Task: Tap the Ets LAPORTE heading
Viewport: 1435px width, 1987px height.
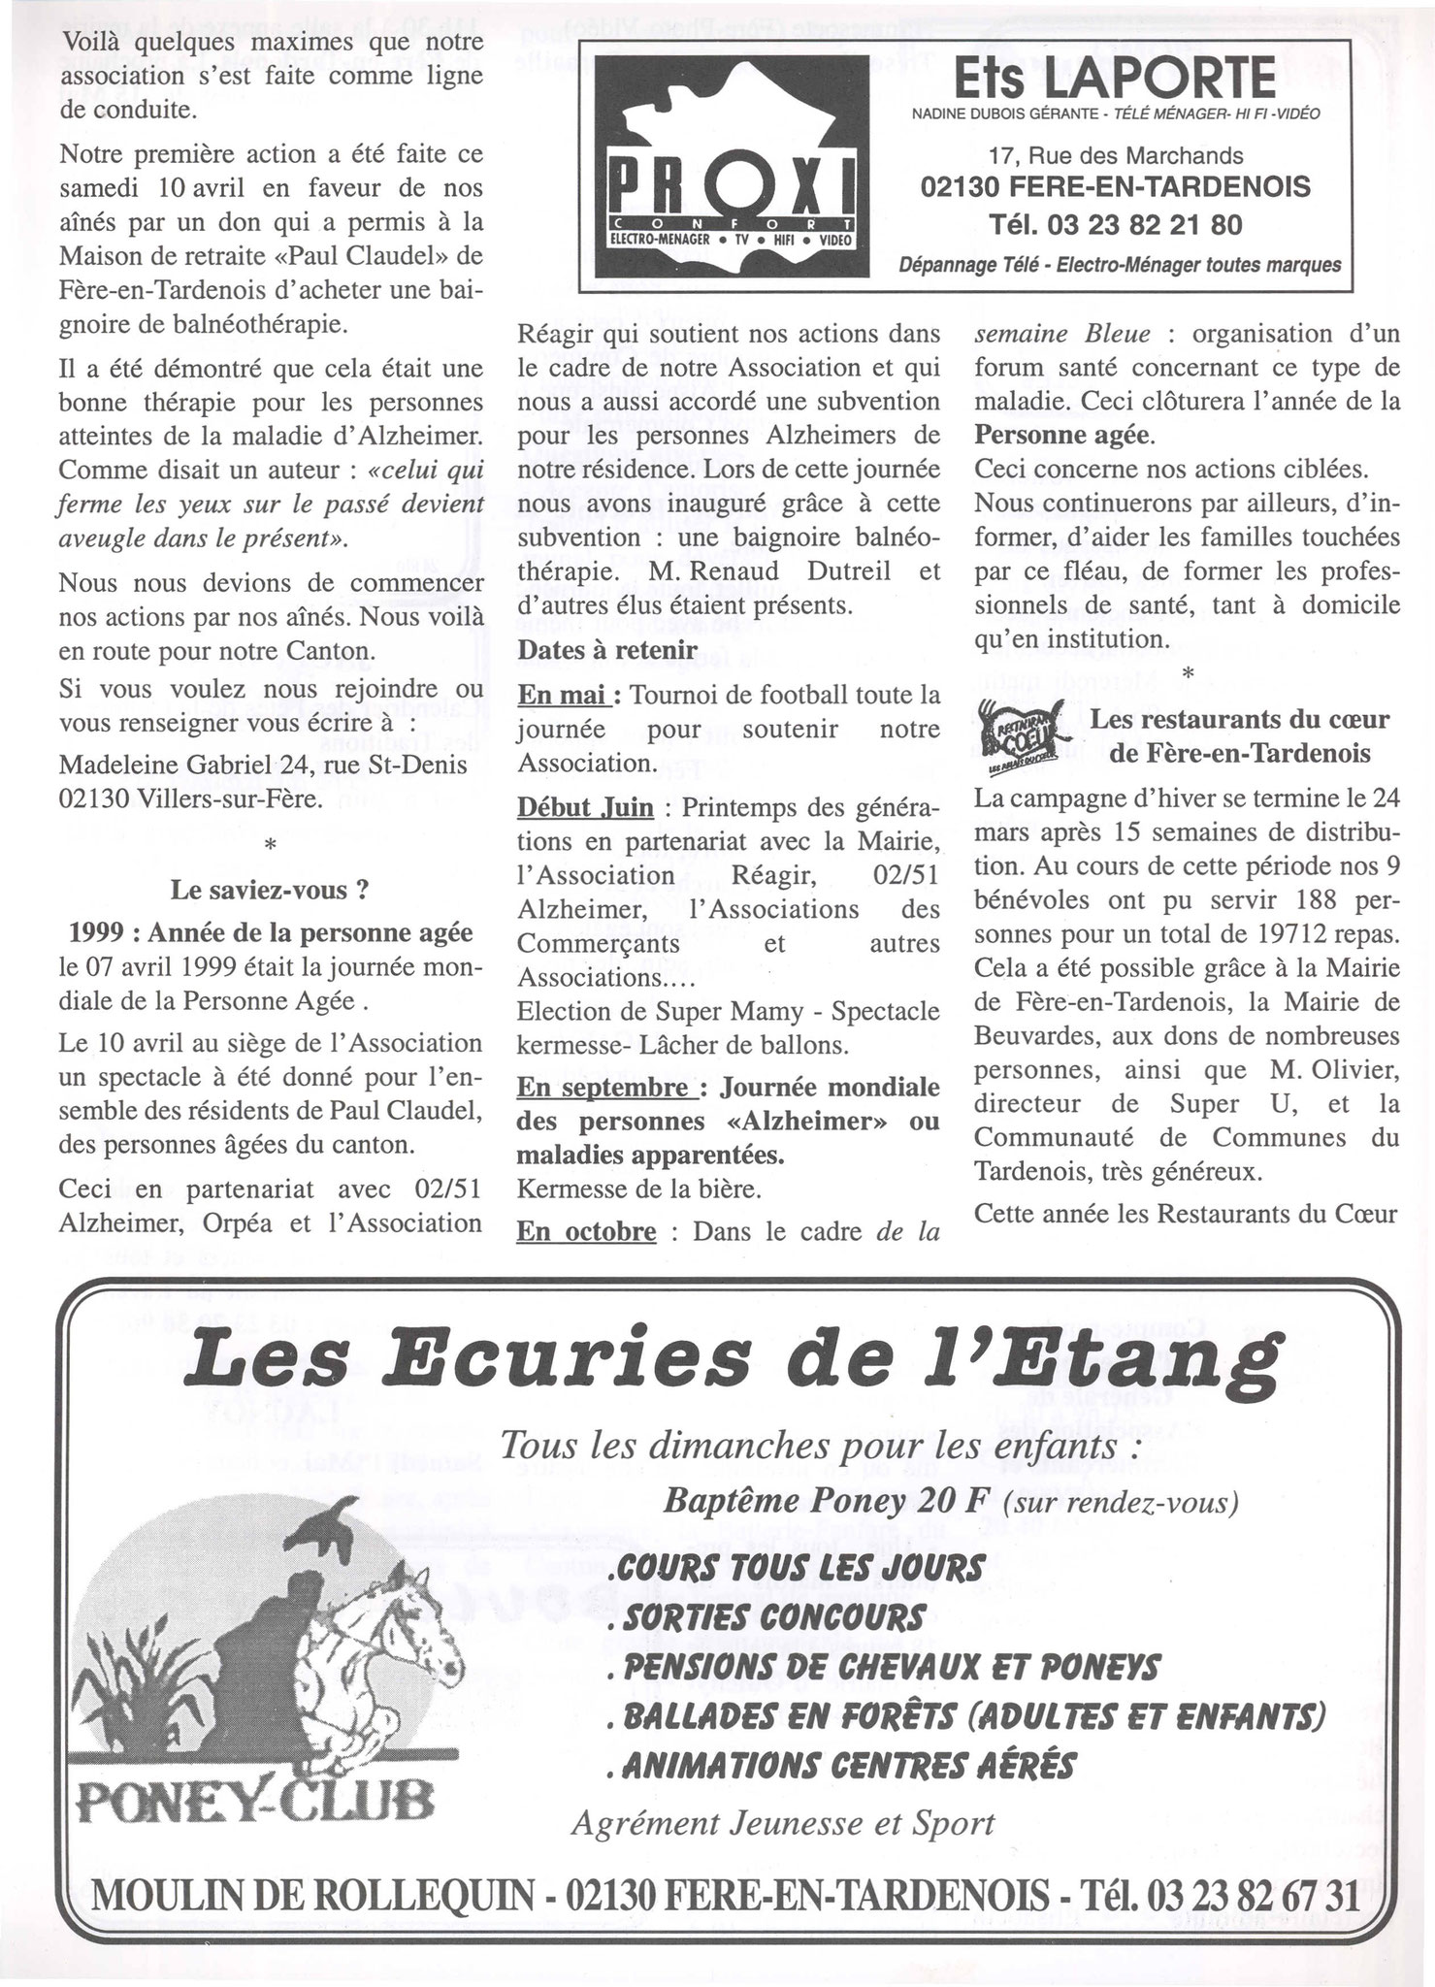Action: point(1115,78)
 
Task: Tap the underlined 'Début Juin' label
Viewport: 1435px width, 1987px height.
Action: point(585,807)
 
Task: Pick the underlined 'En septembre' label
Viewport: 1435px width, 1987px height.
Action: point(603,1087)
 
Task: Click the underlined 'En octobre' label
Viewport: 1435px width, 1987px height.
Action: point(586,1232)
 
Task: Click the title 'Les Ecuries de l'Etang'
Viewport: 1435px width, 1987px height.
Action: point(729,1366)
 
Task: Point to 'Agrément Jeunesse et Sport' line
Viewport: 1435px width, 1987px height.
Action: point(782,1824)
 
